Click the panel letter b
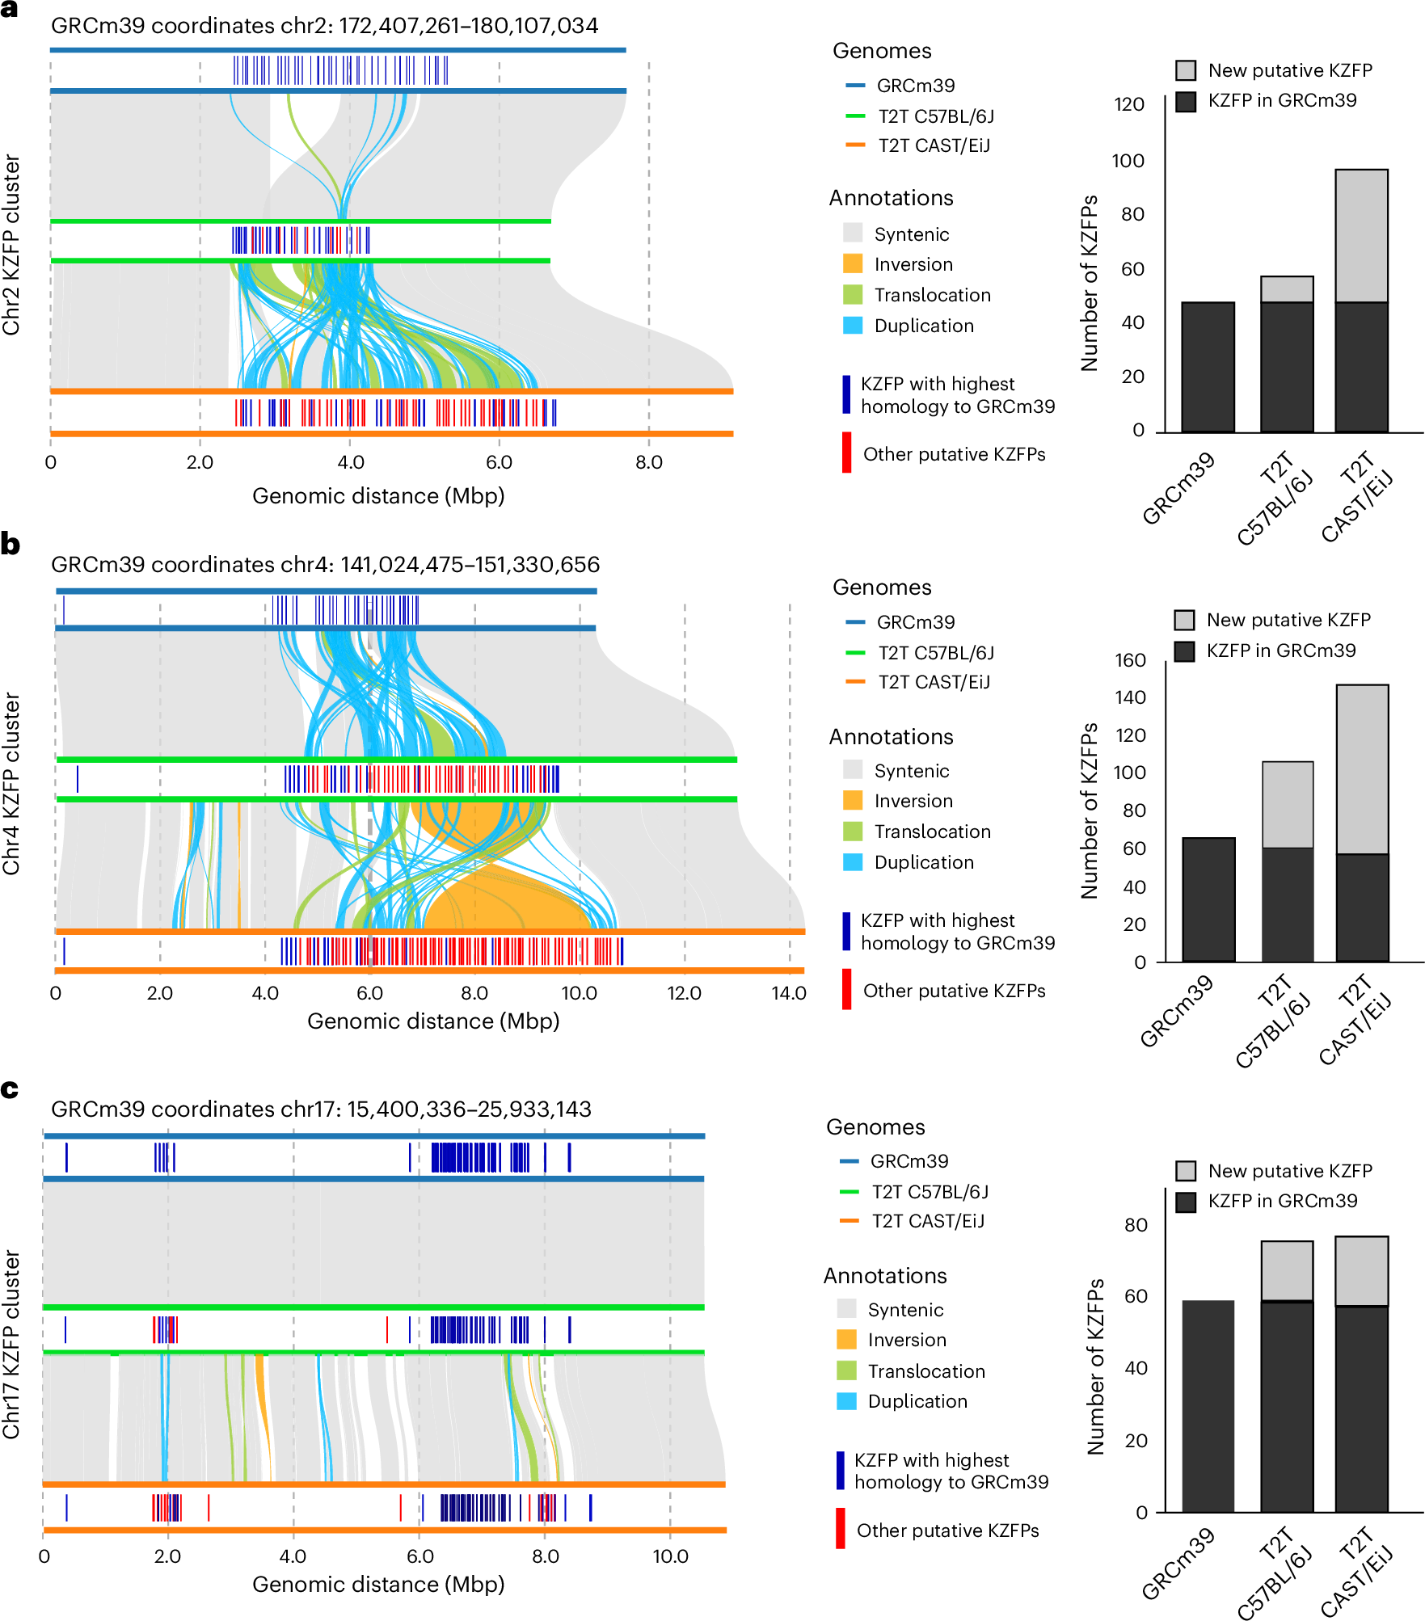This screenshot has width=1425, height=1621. coord(11,544)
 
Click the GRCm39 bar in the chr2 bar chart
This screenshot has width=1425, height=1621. coord(1208,367)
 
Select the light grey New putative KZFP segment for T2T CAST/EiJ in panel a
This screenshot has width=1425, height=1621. coord(1361,235)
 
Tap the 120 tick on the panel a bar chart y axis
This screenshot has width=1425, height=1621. coord(1128,104)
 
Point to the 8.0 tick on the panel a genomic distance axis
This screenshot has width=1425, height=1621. coord(648,462)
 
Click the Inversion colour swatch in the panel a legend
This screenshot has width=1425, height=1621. coord(852,264)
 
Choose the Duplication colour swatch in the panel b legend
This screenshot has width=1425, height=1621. coord(852,862)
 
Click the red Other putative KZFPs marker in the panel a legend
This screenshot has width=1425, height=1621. coord(846,453)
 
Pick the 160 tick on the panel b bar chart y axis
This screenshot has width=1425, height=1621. coord(1130,660)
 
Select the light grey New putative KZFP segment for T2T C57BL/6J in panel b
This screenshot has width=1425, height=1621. coord(1287,804)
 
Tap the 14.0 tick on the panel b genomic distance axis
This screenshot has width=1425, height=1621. coord(788,993)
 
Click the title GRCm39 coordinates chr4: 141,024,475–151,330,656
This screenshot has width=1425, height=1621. coord(325,564)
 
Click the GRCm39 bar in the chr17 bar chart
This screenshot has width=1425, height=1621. coord(1208,1405)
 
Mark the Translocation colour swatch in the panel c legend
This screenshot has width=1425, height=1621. coord(845,1371)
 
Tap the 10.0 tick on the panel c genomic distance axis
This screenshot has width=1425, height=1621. coord(670,1556)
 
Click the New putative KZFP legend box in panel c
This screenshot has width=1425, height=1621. coord(1186,1171)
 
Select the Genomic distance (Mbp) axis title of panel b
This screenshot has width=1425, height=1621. coord(433,1021)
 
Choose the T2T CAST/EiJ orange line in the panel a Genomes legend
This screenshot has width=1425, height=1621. coord(854,145)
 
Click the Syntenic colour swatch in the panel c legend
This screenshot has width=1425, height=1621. coord(845,1310)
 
